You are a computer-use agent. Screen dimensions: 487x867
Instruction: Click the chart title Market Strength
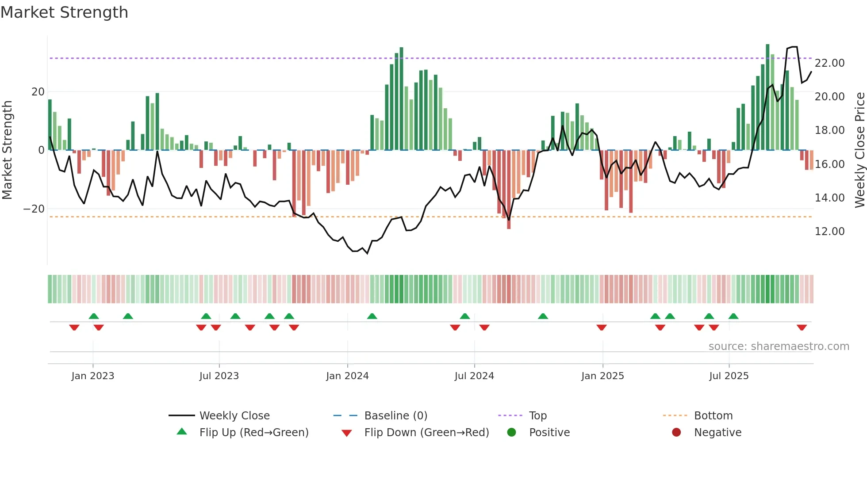click(65, 12)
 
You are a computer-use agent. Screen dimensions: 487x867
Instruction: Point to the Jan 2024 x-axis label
click(347, 376)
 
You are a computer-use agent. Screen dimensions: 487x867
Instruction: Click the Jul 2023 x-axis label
click(219, 376)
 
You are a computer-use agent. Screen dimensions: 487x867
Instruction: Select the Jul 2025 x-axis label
click(729, 376)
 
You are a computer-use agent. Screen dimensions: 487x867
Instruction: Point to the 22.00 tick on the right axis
click(829, 63)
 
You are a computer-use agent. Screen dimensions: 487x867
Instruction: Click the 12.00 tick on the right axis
click(829, 231)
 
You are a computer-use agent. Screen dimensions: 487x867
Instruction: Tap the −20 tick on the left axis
click(34, 209)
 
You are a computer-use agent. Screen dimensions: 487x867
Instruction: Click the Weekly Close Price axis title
click(859, 150)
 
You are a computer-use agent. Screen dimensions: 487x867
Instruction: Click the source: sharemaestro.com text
click(779, 346)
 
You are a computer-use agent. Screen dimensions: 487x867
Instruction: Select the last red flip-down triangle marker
click(802, 327)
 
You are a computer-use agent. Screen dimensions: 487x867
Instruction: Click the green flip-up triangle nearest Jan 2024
click(372, 316)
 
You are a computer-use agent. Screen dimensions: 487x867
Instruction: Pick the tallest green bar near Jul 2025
click(767, 97)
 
